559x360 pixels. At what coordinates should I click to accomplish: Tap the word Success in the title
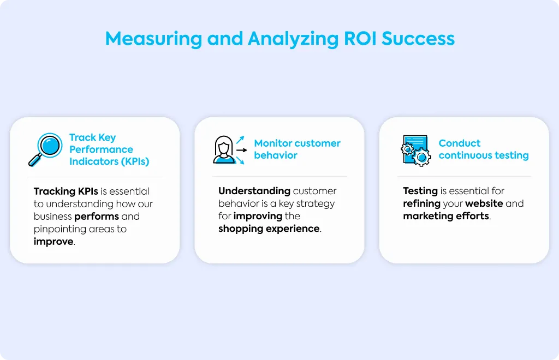click(x=418, y=39)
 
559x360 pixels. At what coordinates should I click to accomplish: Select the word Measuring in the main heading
click(x=153, y=39)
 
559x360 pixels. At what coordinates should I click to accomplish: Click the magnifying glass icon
click(x=45, y=149)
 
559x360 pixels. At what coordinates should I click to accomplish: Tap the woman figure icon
click(x=224, y=149)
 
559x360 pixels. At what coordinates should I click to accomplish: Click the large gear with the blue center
click(x=421, y=157)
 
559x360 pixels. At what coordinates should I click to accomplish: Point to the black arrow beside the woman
click(x=242, y=150)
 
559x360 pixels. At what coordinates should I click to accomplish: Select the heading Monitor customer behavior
click(x=297, y=149)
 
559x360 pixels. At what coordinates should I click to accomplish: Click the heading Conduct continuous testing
click(x=484, y=149)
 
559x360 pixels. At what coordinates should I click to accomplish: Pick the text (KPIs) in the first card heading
click(x=135, y=161)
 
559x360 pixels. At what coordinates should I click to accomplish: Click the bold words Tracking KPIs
click(x=66, y=191)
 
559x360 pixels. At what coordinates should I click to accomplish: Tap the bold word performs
click(x=97, y=217)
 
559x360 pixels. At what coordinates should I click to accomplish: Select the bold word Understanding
click(x=254, y=191)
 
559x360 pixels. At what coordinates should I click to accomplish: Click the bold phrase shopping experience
click(x=269, y=229)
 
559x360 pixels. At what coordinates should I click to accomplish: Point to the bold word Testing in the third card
click(x=420, y=191)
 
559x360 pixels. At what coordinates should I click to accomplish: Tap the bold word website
click(x=484, y=203)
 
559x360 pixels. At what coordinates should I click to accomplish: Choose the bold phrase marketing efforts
click(x=446, y=216)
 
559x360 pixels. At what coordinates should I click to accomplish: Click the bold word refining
click(x=422, y=203)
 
